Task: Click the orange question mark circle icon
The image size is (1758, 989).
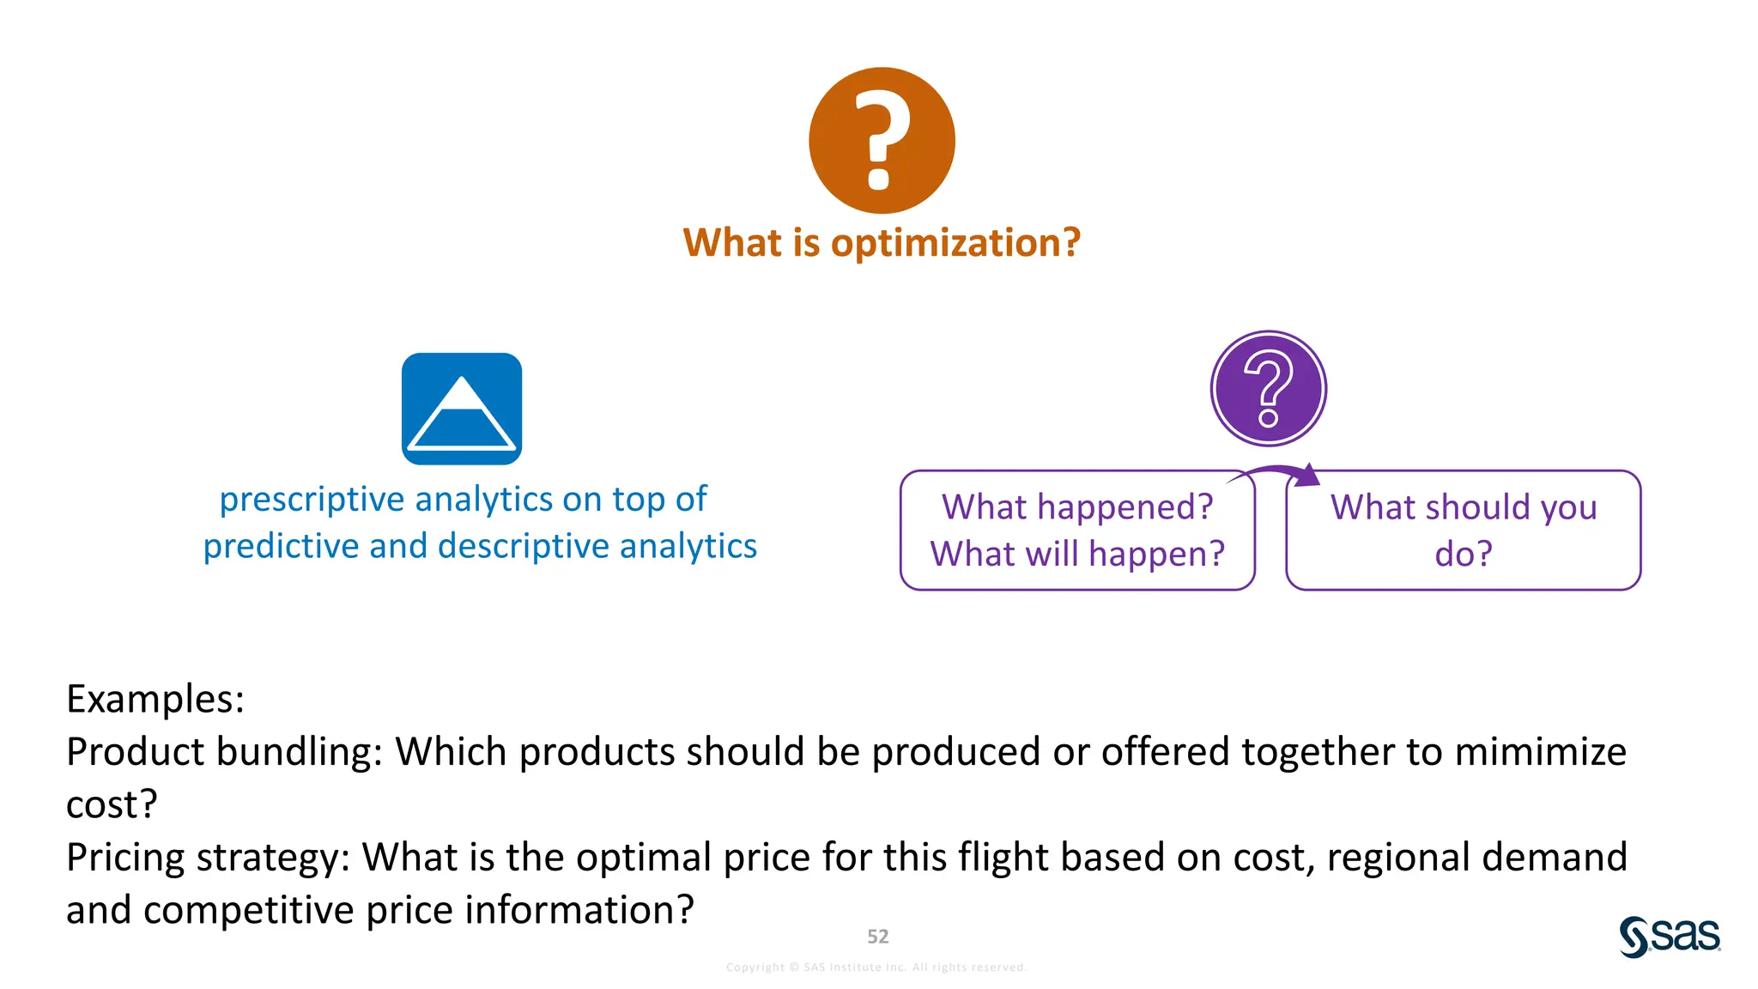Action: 882,141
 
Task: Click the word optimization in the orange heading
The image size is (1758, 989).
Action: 955,244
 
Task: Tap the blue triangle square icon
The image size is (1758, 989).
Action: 462,409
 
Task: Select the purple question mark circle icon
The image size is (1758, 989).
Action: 1268,389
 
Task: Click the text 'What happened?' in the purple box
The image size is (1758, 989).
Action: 1077,507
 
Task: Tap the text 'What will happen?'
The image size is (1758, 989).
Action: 1077,555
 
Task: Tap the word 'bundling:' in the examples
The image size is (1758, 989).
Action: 298,752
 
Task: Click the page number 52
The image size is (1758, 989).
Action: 877,937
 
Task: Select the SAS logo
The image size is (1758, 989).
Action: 1670,936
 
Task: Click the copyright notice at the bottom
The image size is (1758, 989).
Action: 876,968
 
